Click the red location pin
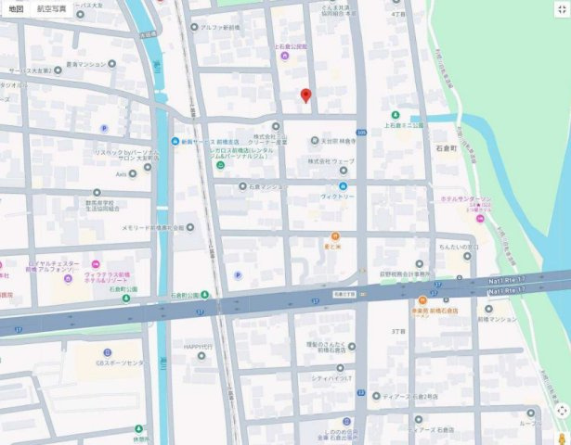(x=305, y=95)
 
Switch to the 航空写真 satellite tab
(x=52, y=7)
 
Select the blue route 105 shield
(x=360, y=133)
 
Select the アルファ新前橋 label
(x=220, y=28)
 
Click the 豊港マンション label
(x=84, y=65)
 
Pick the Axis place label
(x=121, y=173)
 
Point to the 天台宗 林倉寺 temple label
(x=338, y=141)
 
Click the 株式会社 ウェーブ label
(x=332, y=161)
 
